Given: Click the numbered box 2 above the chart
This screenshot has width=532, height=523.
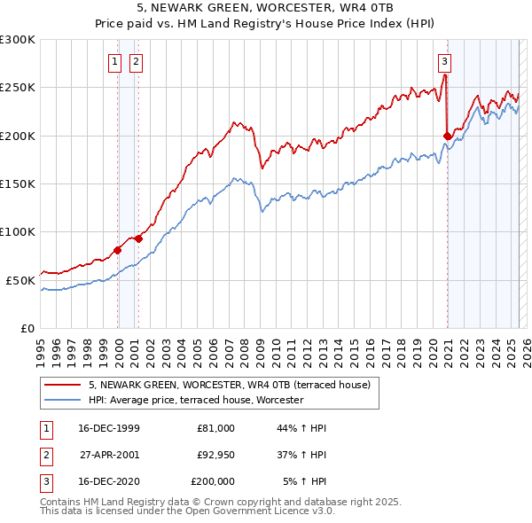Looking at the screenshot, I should pyautogui.click(x=136, y=62).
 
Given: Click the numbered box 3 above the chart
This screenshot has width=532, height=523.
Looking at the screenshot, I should pyautogui.click(x=444, y=62).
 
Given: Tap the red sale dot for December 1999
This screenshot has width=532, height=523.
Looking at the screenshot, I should pyautogui.click(x=118, y=250).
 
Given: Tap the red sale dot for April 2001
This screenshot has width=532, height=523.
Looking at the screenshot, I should pyautogui.click(x=139, y=238).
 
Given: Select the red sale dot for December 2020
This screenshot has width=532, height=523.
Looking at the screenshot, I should pyautogui.click(x=447, y=136).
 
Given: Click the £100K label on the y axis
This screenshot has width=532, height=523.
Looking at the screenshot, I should pyautogui.click(x=18, y=231).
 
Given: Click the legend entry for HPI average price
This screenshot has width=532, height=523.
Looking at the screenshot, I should pyautogui.click(x=196, y=401).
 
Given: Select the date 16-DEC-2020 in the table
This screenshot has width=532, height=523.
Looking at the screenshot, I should pyautogui.click(x=109, y=482).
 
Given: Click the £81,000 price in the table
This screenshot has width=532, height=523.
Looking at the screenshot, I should pyautogui.click(x=216, y=428).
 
